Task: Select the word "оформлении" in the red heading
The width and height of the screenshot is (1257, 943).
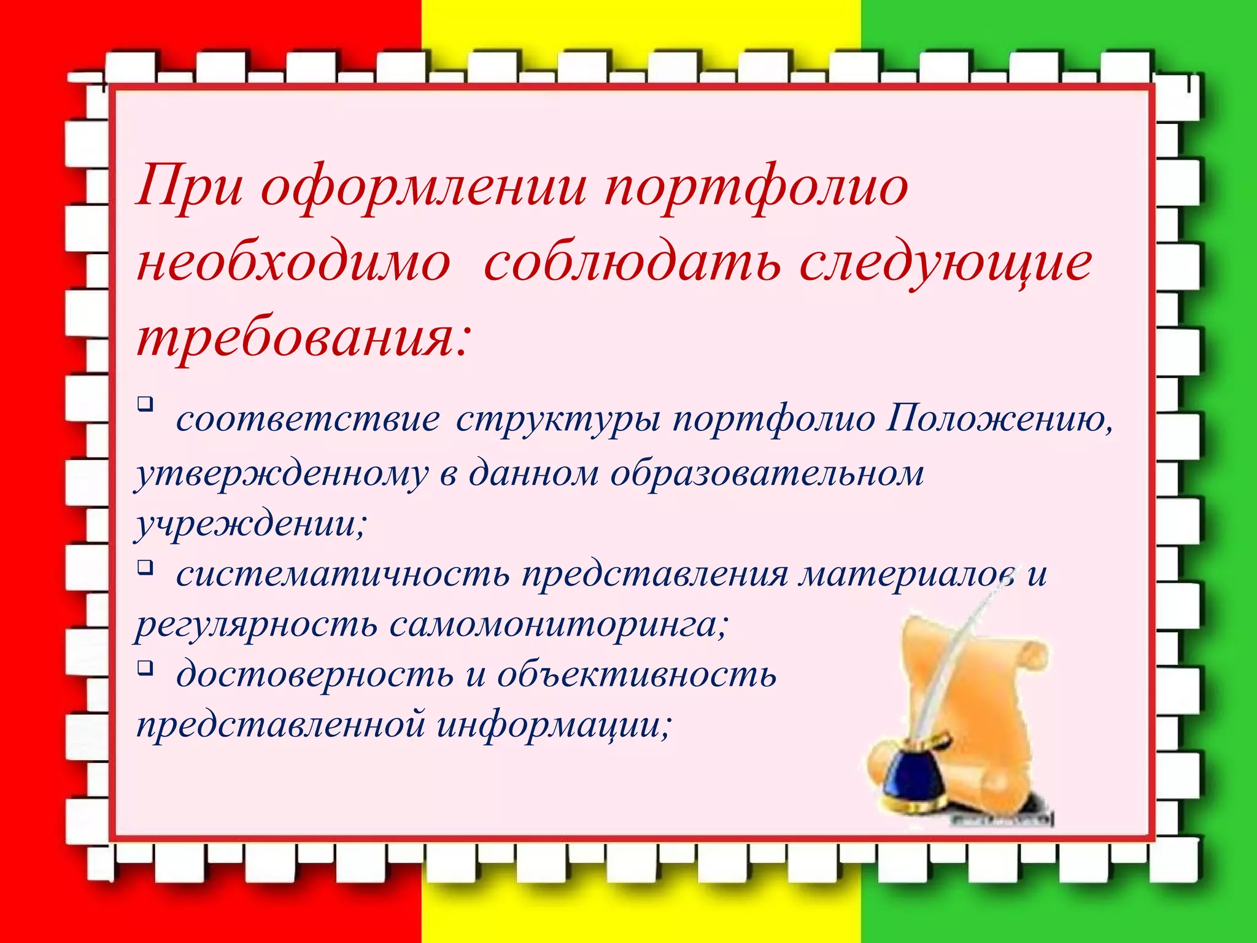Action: (x=424, y=187)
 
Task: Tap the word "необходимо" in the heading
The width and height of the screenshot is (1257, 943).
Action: (x=293, y=264)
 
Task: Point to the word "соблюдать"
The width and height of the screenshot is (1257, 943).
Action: (x=632, y=264)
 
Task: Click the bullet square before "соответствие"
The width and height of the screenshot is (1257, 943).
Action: (x=145, y=403)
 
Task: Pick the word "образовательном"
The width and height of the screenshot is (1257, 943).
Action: (x=767, y=474)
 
